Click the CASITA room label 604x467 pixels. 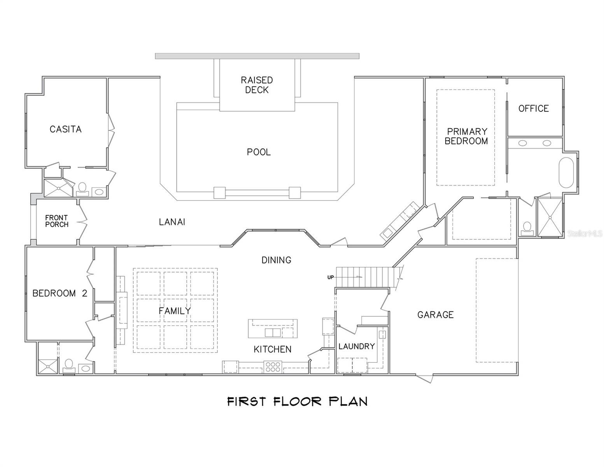(65, 129)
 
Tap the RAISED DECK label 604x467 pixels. (257, 85)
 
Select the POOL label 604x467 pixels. (259, 152)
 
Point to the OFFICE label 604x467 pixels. (533, 109)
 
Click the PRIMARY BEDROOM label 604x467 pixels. (466, 136)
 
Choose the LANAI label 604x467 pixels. (172, 222)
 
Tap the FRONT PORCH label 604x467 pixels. (57, 221)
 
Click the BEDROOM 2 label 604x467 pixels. (60, 293)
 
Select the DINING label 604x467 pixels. (276, 260)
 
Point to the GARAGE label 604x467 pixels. (435, 315)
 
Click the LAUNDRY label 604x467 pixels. (356, 346)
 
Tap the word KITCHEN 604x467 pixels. (272, 349)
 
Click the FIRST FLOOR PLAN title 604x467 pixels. (297, 401)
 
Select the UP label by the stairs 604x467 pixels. (331, 277)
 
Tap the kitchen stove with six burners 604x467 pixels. (273, 367)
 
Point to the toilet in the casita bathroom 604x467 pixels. (82, 188)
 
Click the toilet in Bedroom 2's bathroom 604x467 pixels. (69, 365)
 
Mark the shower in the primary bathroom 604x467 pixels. (550, 217)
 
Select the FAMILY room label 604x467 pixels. (175, 311)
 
